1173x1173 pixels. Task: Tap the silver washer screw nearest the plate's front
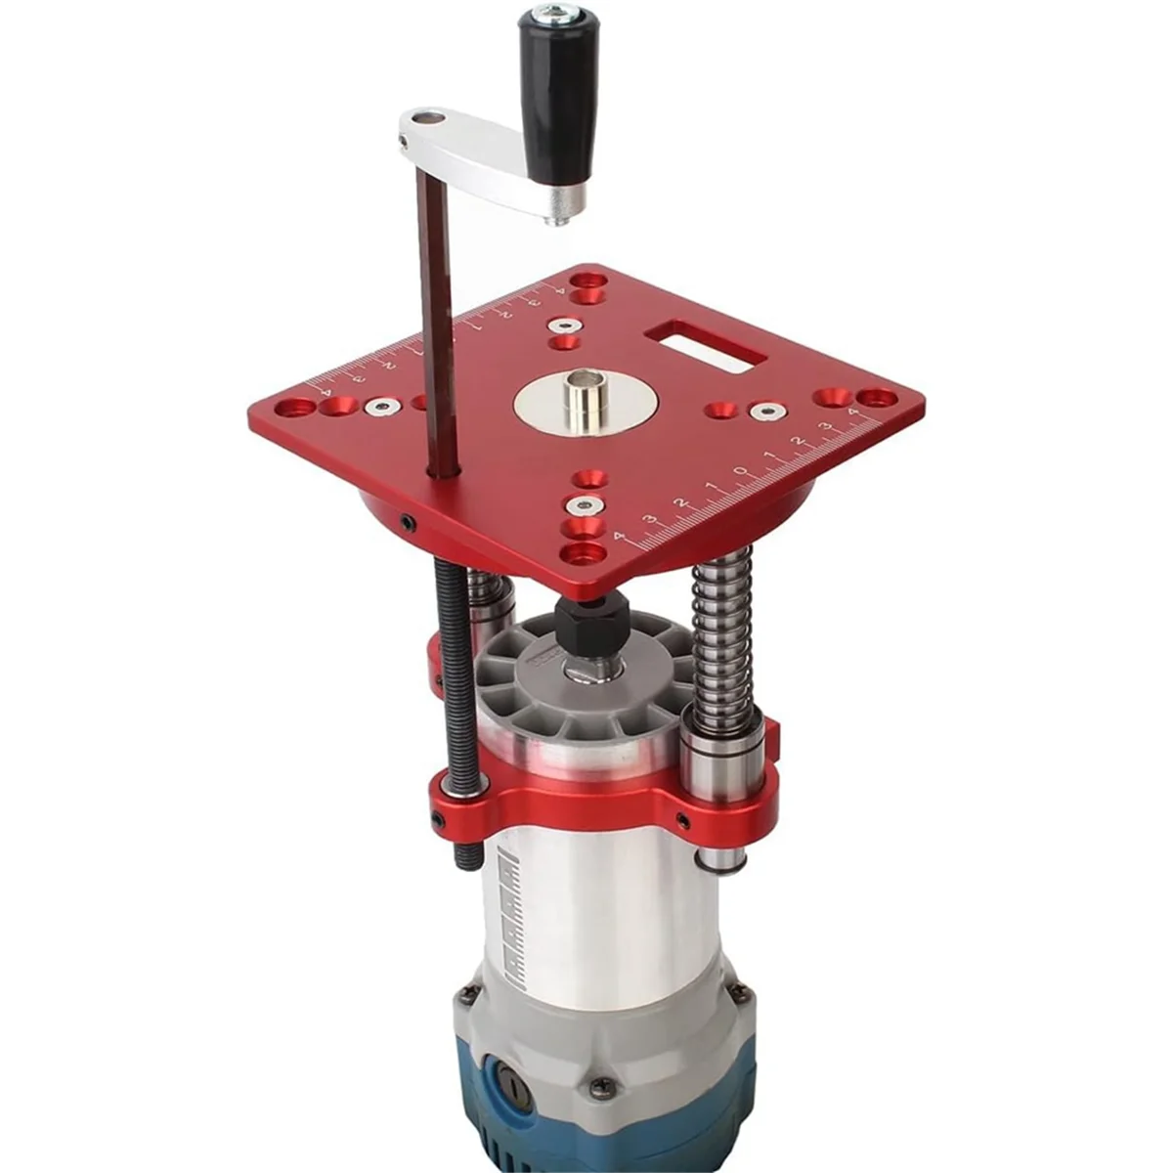pyautogui.click(x=584, y=505)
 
